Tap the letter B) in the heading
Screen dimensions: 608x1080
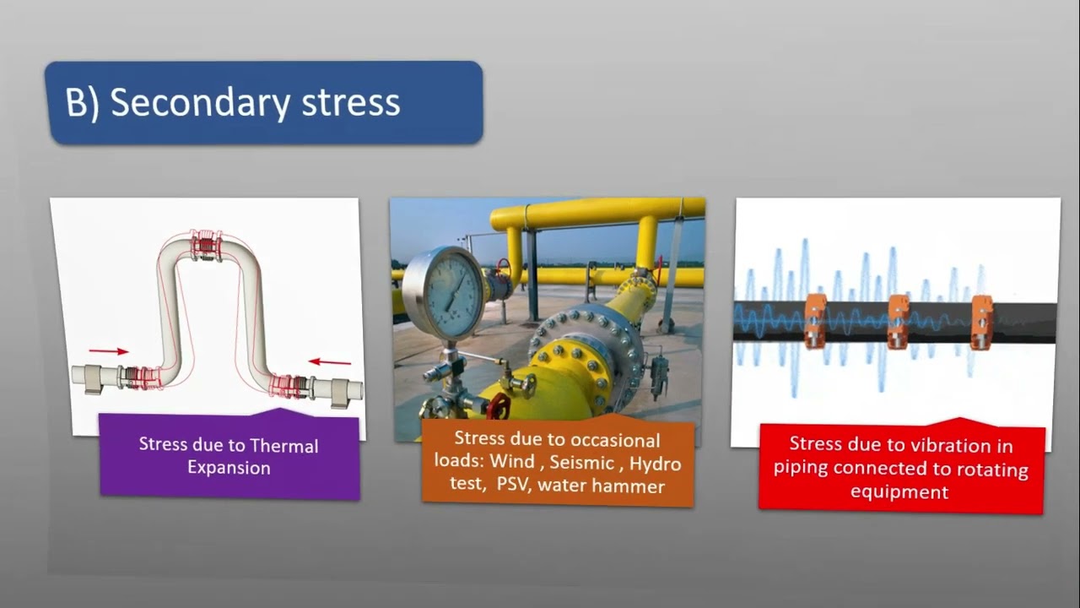(x=82, y=103)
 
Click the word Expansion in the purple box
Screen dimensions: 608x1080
(x=229, y=468)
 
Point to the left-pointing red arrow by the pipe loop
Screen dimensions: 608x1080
(x=330, y=362)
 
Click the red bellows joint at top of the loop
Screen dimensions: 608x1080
(x=206, y=245)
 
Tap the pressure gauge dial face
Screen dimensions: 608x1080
(x=445, y=293)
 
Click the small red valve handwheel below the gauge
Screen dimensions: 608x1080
(x=498, y=405)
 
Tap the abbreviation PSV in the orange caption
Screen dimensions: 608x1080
(x=511, y=486)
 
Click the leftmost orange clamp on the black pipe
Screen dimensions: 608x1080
(x=814, y=320)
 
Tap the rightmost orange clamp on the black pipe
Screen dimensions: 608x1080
(x=981, y=320)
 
